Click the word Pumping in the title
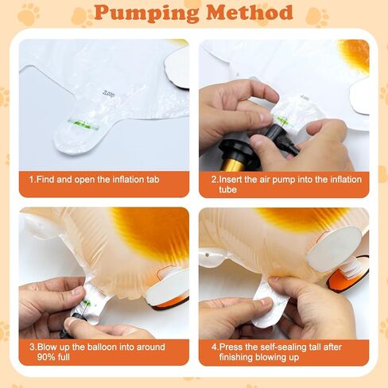click(146, 13)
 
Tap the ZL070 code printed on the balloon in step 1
click(109, 94)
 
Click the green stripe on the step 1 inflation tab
click(83, 125)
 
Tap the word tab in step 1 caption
click(153, 180)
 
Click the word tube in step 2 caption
click(227, 189)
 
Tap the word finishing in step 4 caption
click(236, 357)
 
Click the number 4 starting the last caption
click(214, 347)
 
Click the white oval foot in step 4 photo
click(335, 249)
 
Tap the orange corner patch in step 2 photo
click(355, 54)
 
